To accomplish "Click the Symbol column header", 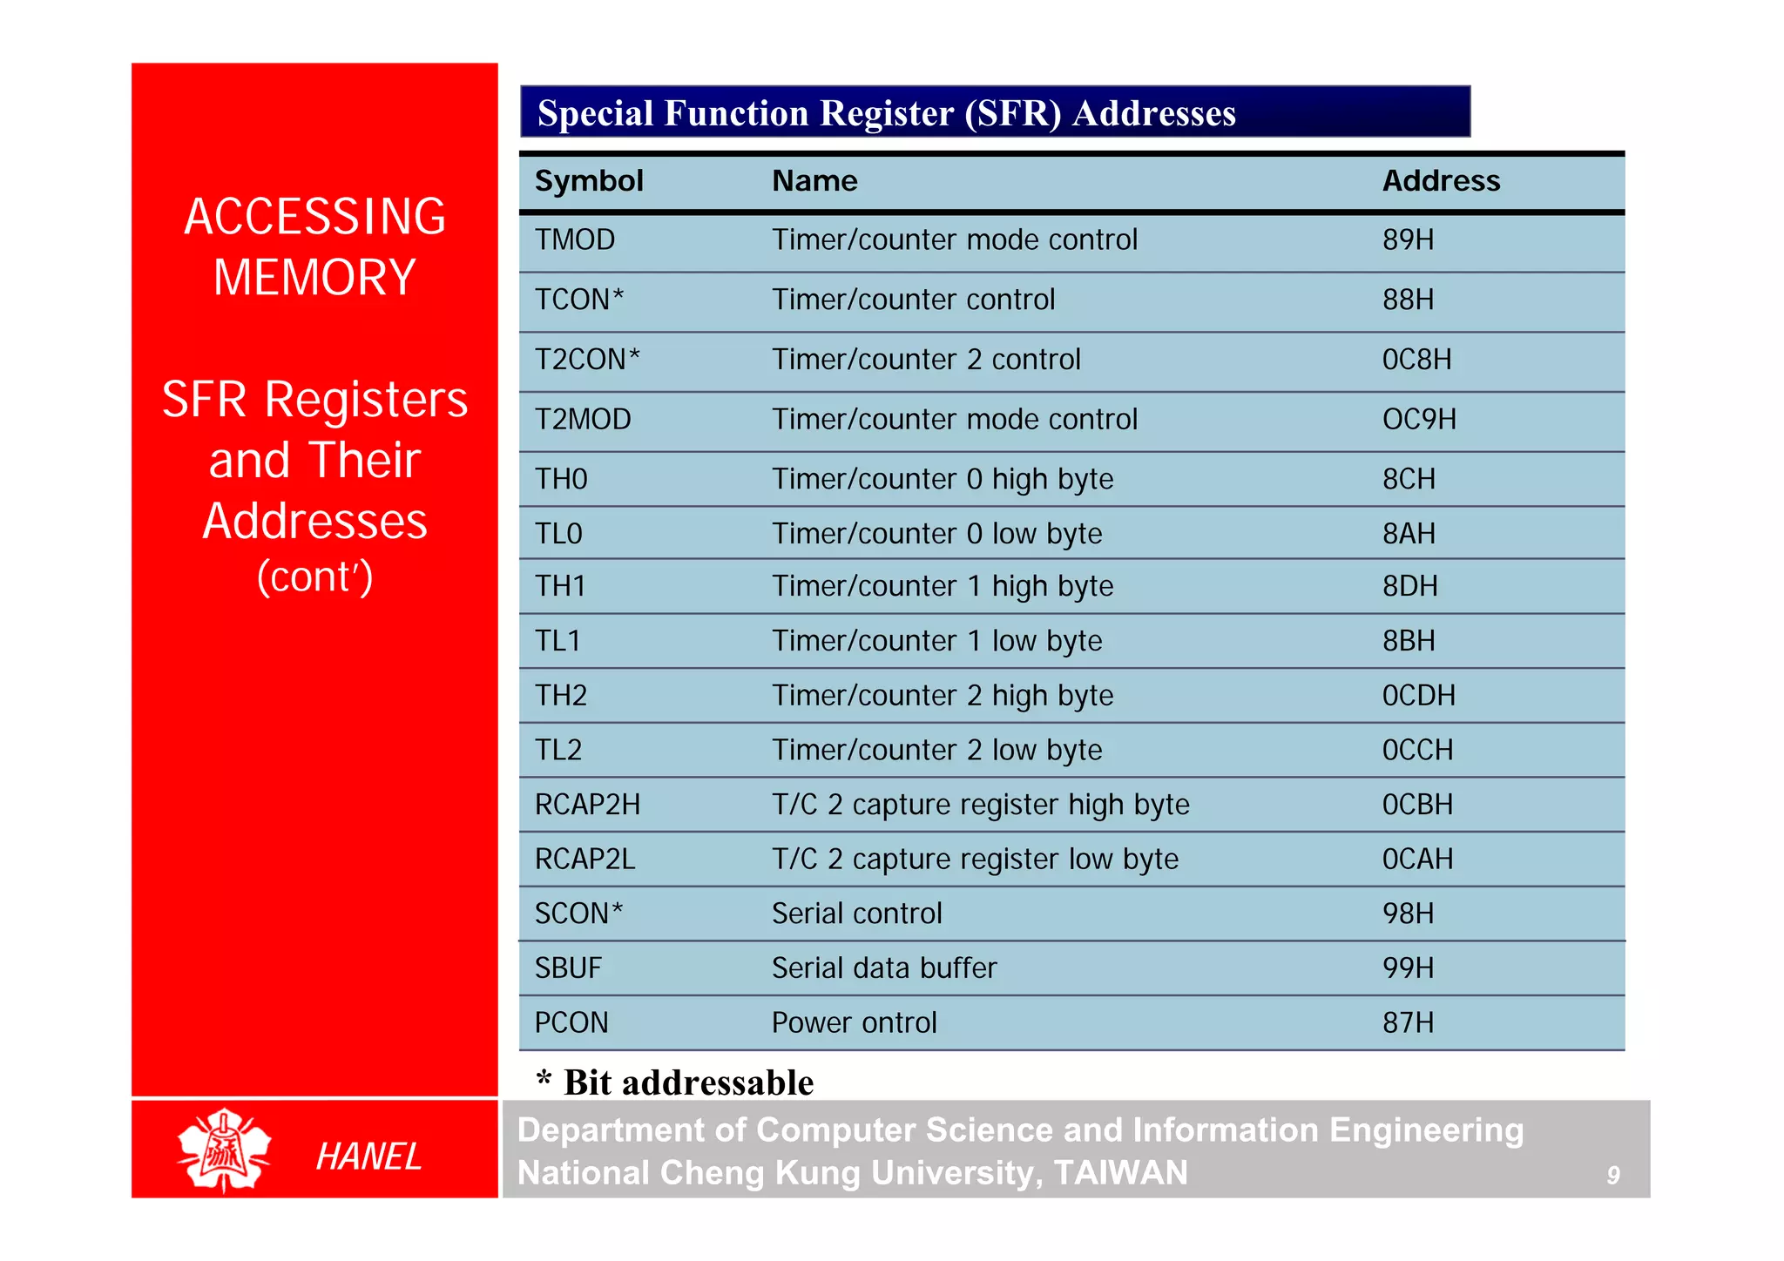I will [589, 181].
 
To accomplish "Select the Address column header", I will [1441, 181].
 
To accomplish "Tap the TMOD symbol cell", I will [575, 239].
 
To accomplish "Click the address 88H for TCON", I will [1408, 300].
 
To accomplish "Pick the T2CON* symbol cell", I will [587, 359].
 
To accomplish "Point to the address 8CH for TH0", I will [1409, 479].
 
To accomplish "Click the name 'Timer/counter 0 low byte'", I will [936, 533].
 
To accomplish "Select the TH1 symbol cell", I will [560, 586].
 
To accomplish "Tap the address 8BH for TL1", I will [1409, 641].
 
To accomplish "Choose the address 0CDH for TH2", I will [1418, 695].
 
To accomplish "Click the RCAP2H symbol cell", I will [587, 805].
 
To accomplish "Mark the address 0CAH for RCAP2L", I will [1417, 859].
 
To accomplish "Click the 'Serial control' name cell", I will [856, 914].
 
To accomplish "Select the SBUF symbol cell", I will [568, 968].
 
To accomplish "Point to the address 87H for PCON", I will [1408, 1022].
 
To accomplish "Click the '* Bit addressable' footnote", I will [675, 1082].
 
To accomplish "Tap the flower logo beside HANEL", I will [224, 1150].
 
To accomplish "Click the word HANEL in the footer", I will [368, 1156].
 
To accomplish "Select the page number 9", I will [1612, 1176].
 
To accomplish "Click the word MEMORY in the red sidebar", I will [314, 277].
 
